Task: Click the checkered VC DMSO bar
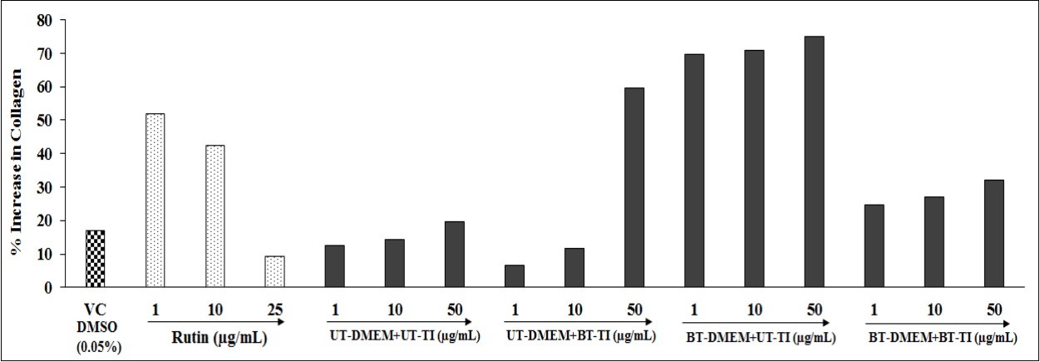click(95, 259)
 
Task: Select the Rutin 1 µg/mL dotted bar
click(155, 201)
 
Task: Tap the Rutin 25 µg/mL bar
click(274, 271)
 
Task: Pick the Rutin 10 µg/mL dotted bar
click(214, 216)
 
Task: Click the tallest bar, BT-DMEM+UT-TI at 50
click(814, 161)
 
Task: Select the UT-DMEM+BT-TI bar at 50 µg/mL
click(634, 187)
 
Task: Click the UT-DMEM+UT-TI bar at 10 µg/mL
click(394, 263)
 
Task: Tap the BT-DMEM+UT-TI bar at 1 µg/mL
click(694, 171)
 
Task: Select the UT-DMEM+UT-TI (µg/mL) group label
click(397, 337)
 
